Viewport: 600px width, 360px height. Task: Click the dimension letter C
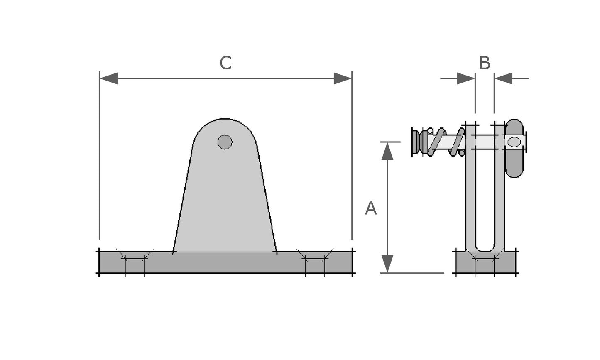pyautogui.click(x=225, y=63)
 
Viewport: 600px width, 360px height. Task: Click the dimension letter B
pyautogui.click(x=485, y=63)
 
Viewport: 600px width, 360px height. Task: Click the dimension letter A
pyautogui.click(x=370, y=208)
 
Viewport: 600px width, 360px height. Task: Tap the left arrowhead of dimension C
pyautogui.click(x=109, y=78)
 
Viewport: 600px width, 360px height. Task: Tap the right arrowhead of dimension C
pyautogui.click(x=343, y=78)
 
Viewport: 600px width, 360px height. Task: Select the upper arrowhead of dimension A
pyautogui.click(x=387, y=151)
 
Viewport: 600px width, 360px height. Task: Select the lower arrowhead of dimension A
pyautogui.click(x=387, y=264)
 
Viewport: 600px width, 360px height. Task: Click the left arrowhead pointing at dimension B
pyautogui.click(x=466, y=78)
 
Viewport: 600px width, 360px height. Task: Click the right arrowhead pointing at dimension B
pyautogui.click(x=504, y=78)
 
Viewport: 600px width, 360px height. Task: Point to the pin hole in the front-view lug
pyautogui.click(x=225, y=142)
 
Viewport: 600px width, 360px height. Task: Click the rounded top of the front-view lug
pyautogui.click(x=225, y=125)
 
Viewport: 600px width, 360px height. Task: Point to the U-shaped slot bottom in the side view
pyautogui.click(x=485, y=248)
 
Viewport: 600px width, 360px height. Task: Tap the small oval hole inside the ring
pyautogui.click(x=514, y=142)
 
